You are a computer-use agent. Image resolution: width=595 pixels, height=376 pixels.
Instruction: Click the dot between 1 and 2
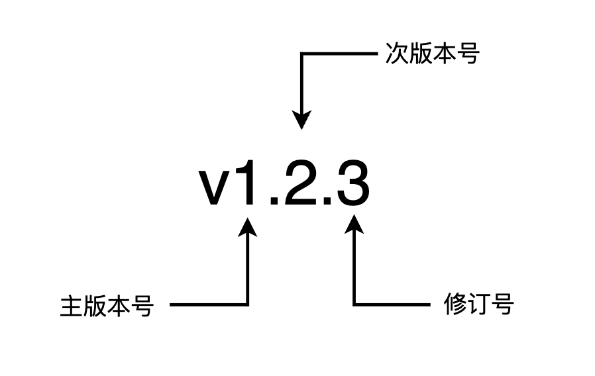[275, 201]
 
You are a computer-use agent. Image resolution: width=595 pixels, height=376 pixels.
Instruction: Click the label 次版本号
[431, 55]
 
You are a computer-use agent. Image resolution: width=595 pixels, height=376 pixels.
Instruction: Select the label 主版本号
[107, 306]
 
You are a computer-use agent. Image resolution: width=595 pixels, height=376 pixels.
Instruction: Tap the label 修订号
[478, 305]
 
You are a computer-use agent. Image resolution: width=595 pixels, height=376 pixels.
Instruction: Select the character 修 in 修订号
[455, 305]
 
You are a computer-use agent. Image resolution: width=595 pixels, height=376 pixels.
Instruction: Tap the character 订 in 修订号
[479, 305]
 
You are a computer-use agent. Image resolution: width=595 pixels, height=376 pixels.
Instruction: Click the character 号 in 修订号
[502, 305]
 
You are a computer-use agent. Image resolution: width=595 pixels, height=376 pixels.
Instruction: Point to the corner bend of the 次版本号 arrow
[302, 54]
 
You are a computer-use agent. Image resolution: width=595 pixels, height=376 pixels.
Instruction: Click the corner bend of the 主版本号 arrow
[248, 305]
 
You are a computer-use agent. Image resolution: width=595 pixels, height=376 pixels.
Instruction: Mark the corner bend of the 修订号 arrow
[354, 305]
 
